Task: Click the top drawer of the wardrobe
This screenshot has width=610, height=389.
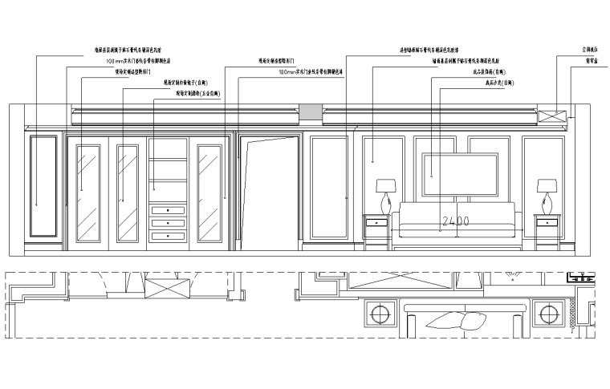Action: pos(168,210)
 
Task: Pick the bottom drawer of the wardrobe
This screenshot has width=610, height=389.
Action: pos(168,235)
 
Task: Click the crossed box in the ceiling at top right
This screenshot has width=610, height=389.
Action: pos(553,115)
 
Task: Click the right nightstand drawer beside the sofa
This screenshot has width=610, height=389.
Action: pos(548,222)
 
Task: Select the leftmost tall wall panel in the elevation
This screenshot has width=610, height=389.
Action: pos(43,188)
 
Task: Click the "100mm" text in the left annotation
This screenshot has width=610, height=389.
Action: pos(114,60)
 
